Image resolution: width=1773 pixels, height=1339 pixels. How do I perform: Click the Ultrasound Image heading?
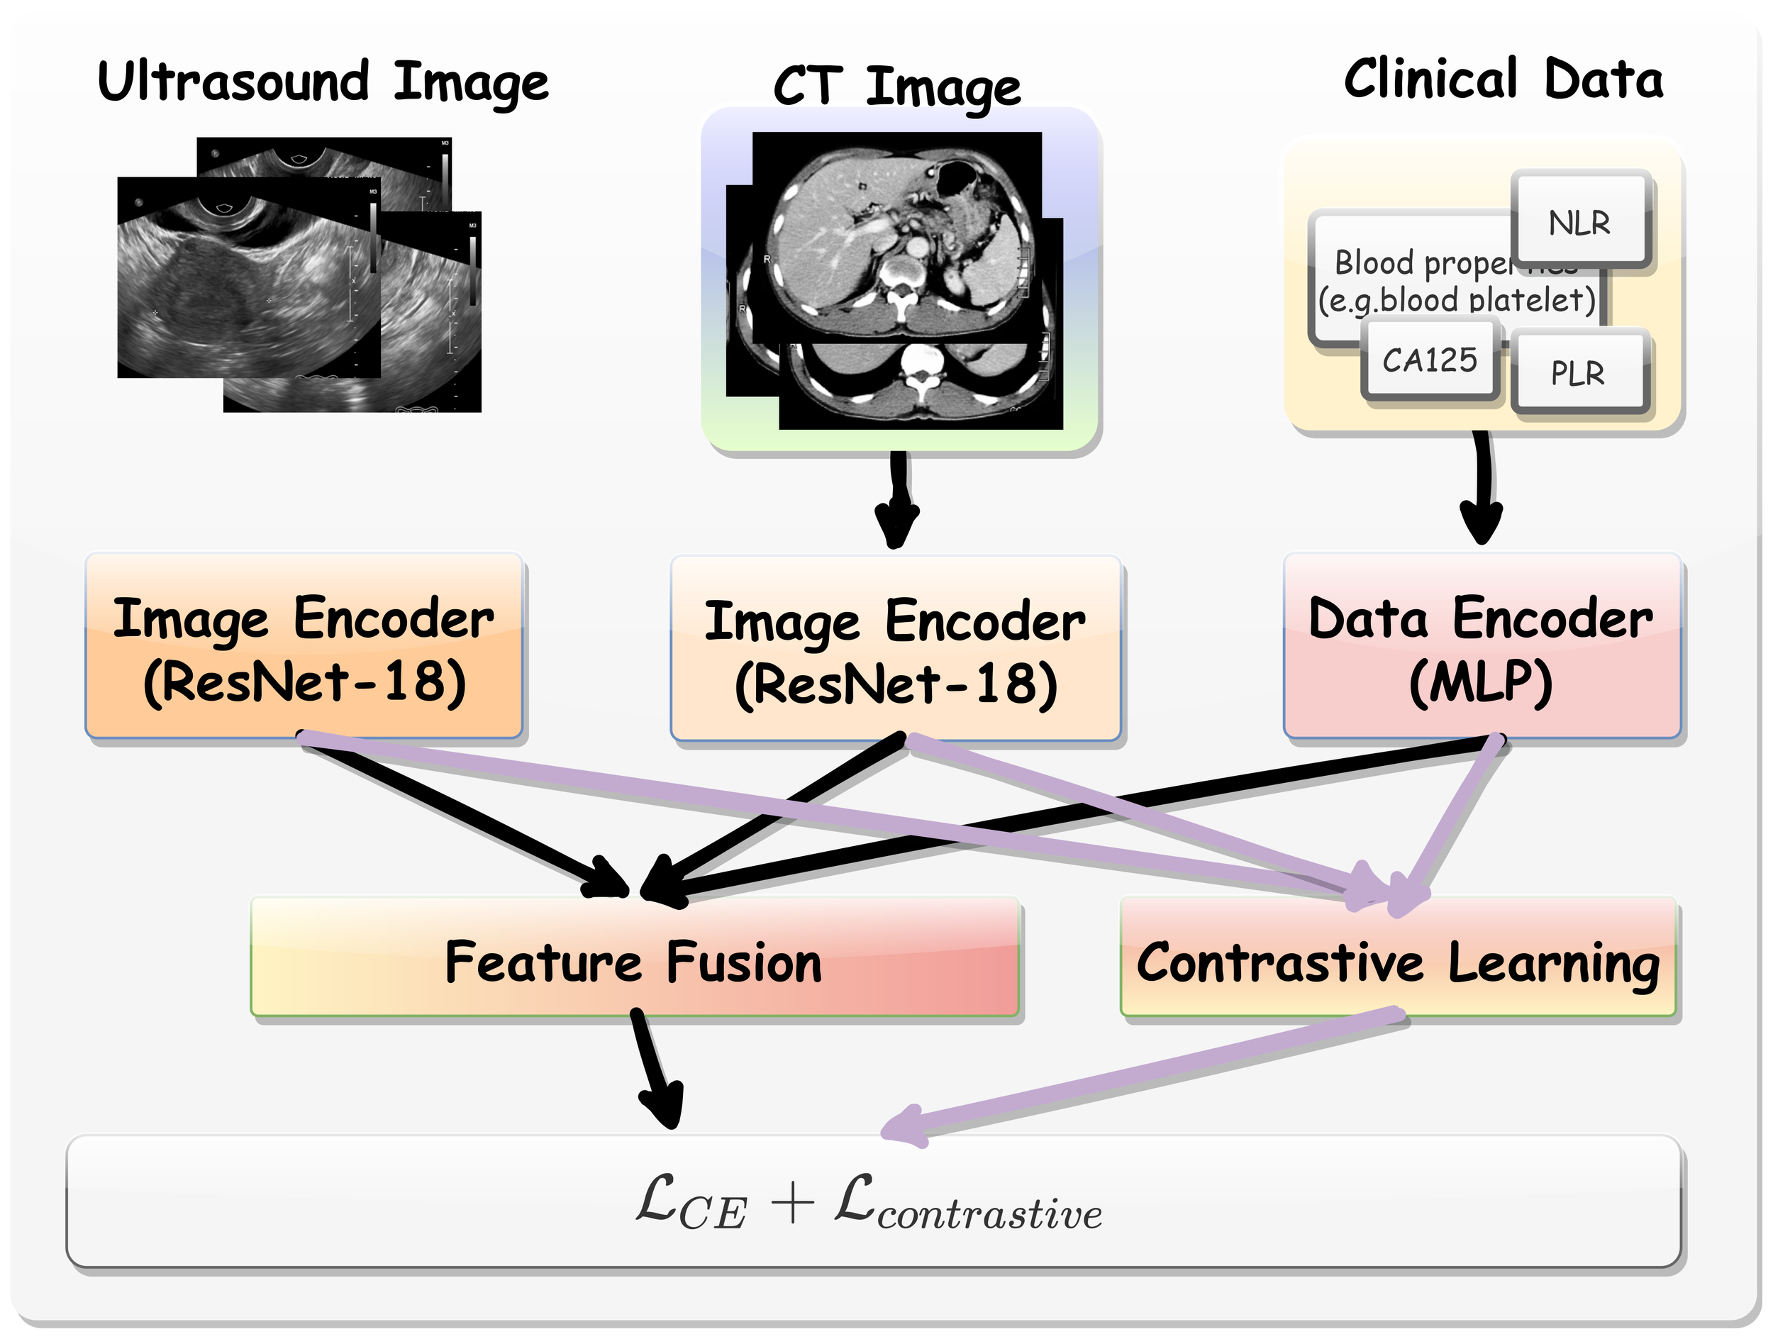(322, 82)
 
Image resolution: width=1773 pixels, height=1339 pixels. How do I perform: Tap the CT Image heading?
(896, 87)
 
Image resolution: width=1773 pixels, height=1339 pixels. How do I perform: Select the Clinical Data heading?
(1503, 79)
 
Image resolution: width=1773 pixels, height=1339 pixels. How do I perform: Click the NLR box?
(1579, 222)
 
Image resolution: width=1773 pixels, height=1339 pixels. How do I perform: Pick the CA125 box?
(1429, 360)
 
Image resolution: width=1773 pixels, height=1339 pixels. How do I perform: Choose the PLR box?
(1577, 372)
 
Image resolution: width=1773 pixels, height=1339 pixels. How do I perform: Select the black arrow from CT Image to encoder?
(897, 497)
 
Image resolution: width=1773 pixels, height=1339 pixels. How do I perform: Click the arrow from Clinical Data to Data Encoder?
(1482, 489)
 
